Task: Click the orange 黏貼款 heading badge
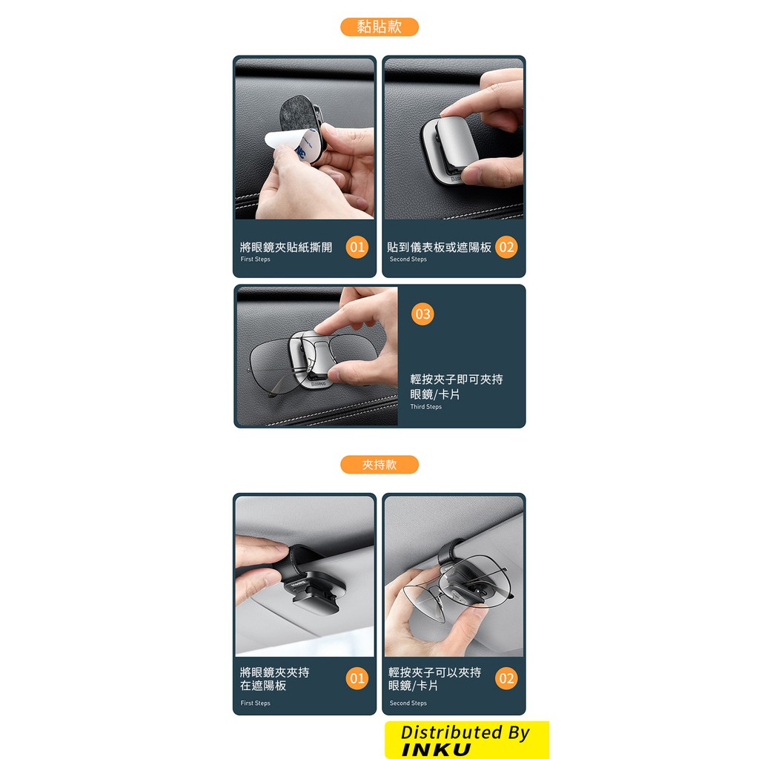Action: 379,27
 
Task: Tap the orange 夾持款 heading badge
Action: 379,465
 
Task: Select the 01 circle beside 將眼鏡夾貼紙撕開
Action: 357,247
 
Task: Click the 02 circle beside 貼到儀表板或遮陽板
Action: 506,247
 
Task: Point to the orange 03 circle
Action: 422,314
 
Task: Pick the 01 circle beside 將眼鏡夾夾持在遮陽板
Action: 357,678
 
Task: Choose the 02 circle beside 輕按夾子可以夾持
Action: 506,678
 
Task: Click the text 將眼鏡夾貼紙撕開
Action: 286,248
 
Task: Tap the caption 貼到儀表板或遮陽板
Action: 439,248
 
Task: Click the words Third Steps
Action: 426,407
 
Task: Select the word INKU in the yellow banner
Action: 436,749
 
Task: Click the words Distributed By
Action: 465,732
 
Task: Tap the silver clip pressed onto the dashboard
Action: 449,150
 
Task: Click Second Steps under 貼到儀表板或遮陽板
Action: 408,259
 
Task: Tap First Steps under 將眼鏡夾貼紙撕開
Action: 255,259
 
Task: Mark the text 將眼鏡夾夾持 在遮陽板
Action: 274,679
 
